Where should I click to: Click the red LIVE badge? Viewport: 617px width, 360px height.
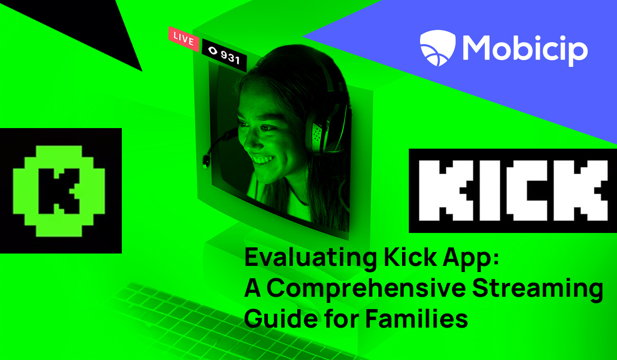(x=184, y=39)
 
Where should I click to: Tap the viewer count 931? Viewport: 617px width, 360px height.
(x=230, y=57)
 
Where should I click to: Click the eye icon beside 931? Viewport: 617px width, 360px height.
(x=213, y=51)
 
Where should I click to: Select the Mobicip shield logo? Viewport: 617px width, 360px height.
(x=438, y=48)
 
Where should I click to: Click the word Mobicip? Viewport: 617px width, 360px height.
(x=525, y=50)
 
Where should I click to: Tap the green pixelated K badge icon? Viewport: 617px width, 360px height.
(x=59, y=191)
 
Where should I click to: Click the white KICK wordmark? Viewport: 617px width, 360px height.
(x=513, y=191)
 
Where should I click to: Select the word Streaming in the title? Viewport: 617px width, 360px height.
(x=538, y=289)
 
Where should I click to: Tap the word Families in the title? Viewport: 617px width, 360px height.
(x=416, y=318)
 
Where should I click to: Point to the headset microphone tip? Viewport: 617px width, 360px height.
(x=206, y=160)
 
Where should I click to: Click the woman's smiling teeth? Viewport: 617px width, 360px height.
(x=263, y=159)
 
